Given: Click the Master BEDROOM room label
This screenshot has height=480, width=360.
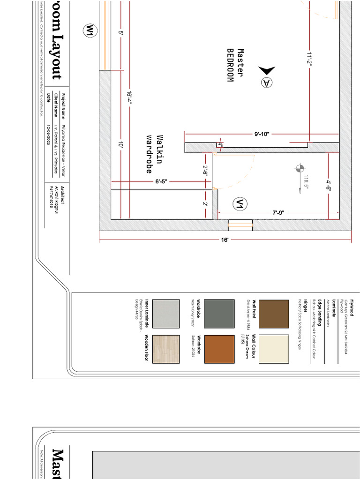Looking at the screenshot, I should point(236,66).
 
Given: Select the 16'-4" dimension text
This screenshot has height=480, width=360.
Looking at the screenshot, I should point(129,99).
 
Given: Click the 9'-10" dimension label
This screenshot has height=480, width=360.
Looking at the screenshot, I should point(262,134).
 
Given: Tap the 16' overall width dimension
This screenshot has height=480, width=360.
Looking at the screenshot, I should point(225,240).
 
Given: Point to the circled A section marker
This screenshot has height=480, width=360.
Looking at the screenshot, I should point(266,82).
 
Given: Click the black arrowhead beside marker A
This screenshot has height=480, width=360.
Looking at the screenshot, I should point(267,70).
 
